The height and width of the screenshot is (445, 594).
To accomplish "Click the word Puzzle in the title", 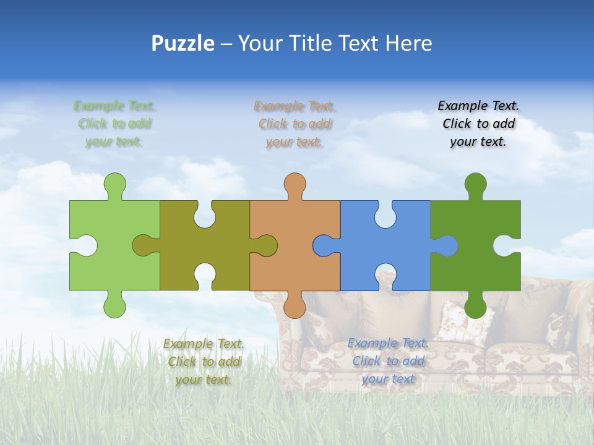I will pos(183,43).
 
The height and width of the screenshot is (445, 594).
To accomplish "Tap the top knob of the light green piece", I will pos(115,184).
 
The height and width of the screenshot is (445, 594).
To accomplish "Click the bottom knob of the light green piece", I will pos(115,306).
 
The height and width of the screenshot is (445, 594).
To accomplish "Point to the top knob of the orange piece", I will pos(295,184).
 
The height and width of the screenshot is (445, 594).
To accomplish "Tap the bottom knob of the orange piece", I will pos(295,306).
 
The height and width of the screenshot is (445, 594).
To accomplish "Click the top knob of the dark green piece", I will pos(475,184).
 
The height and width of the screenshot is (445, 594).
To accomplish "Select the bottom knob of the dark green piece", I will pos(475,307).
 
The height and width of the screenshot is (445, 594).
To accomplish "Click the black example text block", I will pos(478,124).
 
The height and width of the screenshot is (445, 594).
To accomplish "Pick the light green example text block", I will pos(114,124).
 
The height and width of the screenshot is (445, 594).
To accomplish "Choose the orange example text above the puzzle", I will pos(295,124).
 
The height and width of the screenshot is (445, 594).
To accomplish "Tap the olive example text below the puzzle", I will pos(204,362).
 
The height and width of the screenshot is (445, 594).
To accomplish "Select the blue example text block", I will pos(388,361).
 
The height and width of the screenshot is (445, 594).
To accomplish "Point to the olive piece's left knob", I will pos(144,245).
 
